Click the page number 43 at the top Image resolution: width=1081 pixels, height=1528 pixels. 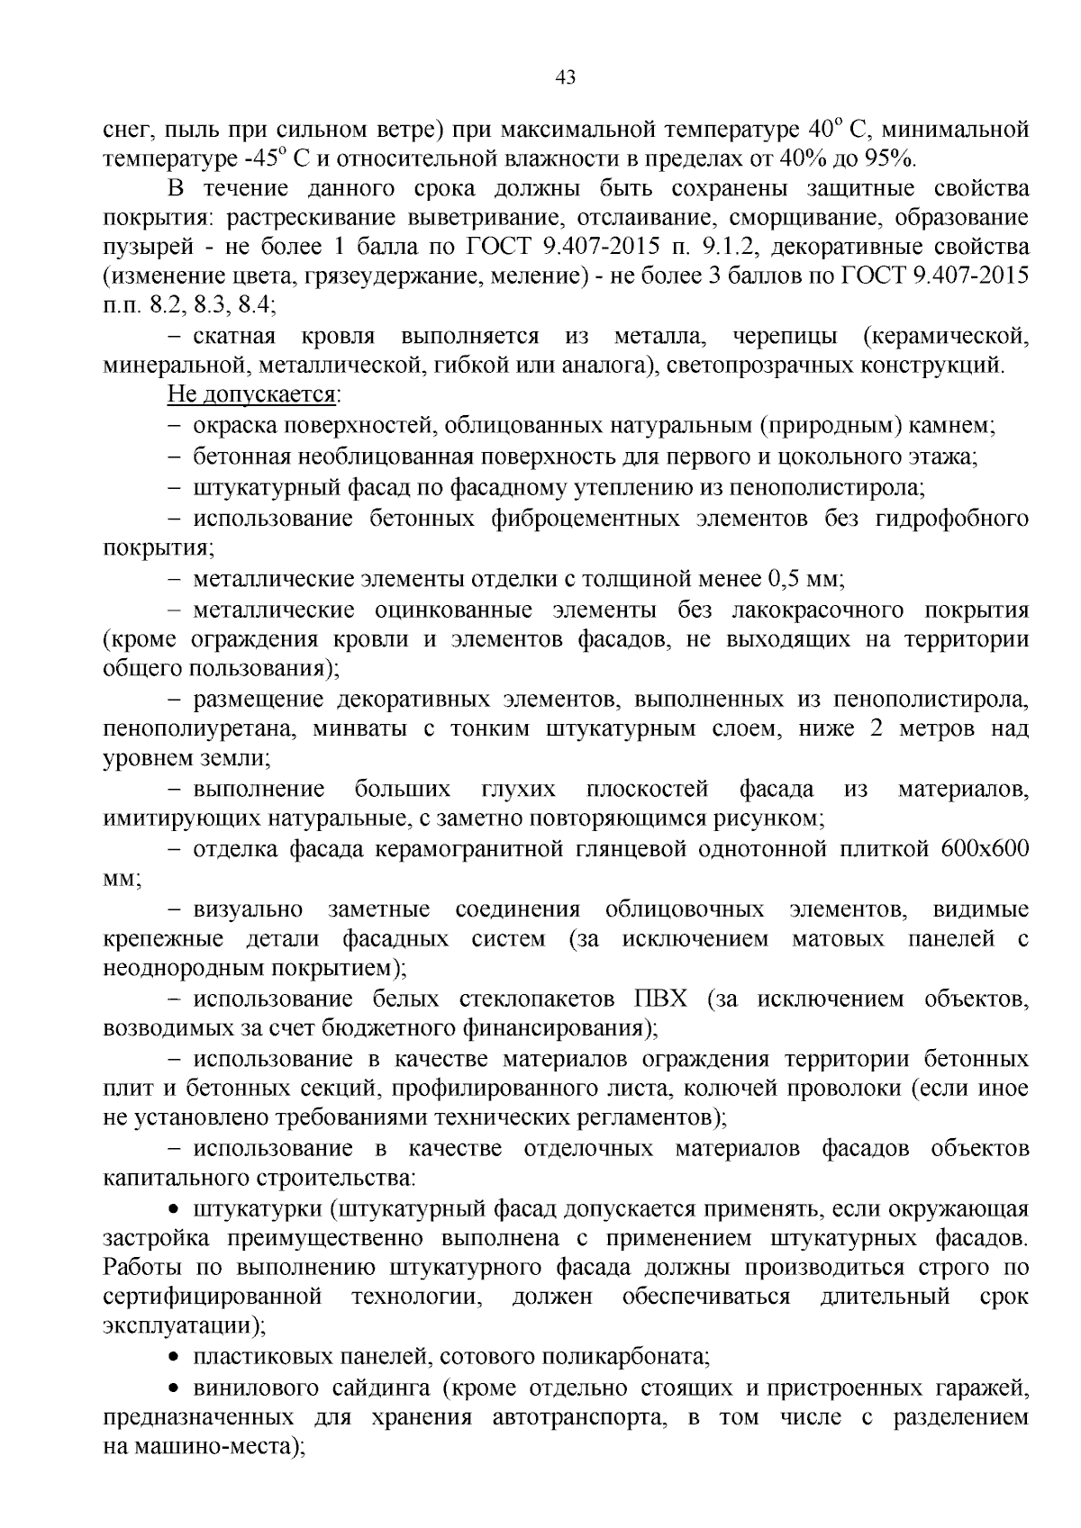click(566, 77)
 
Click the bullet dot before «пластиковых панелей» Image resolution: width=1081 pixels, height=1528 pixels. click(174, 1357)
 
